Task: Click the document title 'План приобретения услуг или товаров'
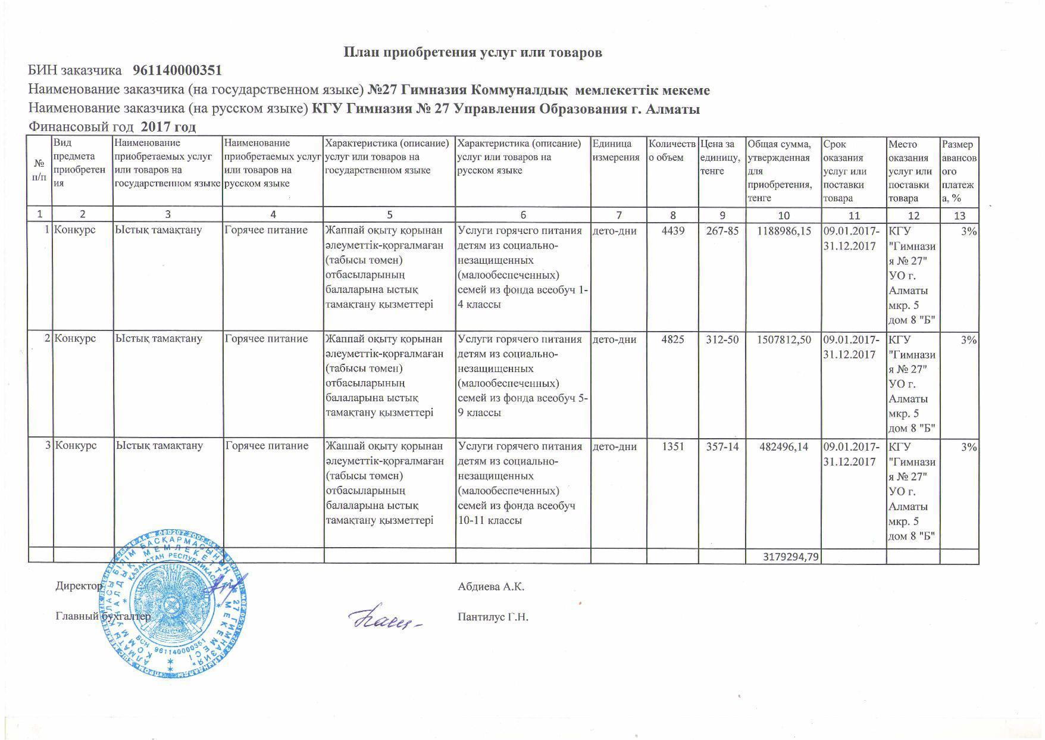(x=473, y=52)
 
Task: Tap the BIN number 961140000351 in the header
(x=177, y=71)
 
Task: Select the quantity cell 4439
(x=672, y=231)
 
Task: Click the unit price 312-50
(x=722, y=339)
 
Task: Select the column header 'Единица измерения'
(x=616, y=151)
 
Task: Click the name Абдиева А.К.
(x=491, y=587)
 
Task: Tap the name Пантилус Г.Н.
(x=493, y=617)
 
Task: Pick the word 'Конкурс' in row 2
(x=75, y=339)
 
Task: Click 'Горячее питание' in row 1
(x=266, y=230)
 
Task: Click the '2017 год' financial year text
(x=169, y=127)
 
